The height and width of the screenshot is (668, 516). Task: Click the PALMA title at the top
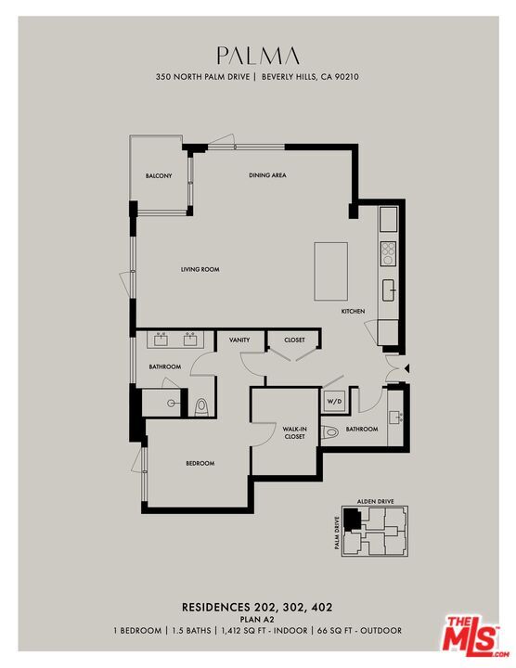click(257, 55)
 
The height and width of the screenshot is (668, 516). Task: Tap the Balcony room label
click(159, 176)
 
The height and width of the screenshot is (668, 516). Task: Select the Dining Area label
click(266, 175)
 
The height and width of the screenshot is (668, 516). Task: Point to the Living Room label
click(200, 269)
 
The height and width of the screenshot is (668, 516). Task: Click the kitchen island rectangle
click(331, 270)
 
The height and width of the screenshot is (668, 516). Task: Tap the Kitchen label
click(353, 311)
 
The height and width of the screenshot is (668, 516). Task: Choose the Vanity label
click(239, 340)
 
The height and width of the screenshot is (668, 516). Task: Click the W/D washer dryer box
click(333, 402)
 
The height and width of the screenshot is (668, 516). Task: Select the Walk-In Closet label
click(295, 431)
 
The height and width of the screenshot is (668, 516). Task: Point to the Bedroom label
click(200, 463)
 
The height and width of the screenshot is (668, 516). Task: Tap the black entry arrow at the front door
click(406, 369)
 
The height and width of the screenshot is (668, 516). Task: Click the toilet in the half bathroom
click(329, 431)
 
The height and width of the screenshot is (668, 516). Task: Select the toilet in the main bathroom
click(201, 405)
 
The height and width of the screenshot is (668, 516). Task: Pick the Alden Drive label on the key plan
click(375, 502)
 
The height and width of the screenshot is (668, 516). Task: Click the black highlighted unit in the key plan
click(351, 518)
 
